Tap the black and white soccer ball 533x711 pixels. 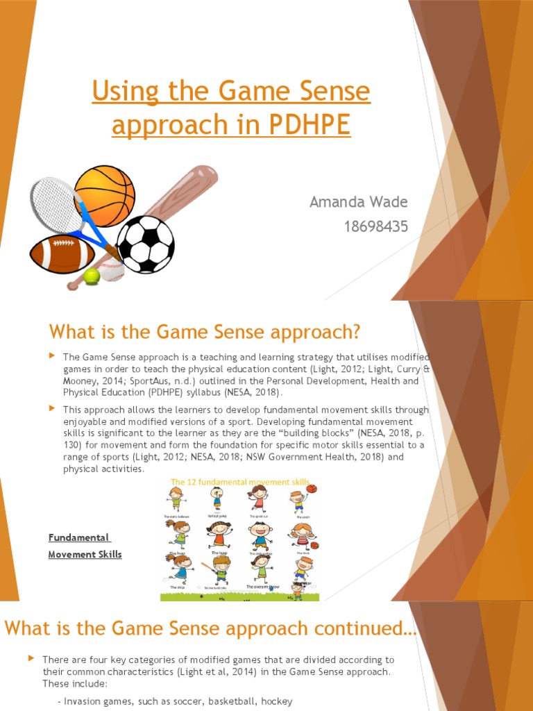coord(146,244)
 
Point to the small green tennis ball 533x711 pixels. coord(91,276)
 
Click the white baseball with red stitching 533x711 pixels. coord(111,274)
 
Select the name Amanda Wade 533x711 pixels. coord(358,202)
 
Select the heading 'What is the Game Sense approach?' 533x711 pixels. coord(205,332)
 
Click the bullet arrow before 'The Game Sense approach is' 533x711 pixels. coord(52,355)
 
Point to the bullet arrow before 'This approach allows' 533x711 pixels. coord(52,409)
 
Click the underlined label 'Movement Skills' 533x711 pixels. coord(85,554)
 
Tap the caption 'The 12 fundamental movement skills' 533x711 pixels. coord(240,482)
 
